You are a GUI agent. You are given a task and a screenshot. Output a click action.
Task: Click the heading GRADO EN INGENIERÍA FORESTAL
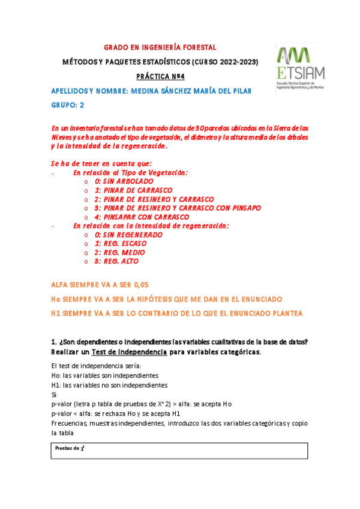tap(160, 47)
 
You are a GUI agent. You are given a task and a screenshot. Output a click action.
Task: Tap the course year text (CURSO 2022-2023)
tap(224, 62)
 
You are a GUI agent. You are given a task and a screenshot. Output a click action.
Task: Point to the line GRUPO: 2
tap(68, 106)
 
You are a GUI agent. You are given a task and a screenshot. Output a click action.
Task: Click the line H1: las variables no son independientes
tap(109, 385)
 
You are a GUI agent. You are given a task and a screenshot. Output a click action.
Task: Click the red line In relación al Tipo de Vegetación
tap(130, 173)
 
